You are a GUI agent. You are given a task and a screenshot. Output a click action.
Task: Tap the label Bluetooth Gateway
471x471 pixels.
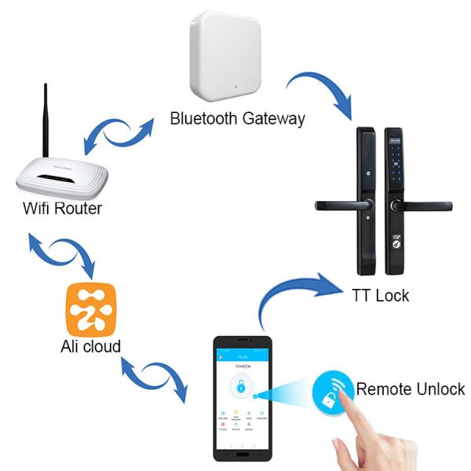(x=237, y=119)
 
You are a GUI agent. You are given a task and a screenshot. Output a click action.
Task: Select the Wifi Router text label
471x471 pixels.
(x=62, y=210)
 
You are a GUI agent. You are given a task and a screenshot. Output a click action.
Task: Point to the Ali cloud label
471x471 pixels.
(x=90, y=346)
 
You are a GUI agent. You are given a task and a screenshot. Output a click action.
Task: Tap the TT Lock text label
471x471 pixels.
(x=382, y=296)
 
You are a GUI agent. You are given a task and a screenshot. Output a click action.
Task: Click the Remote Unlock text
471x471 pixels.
(x=411, y=389)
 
